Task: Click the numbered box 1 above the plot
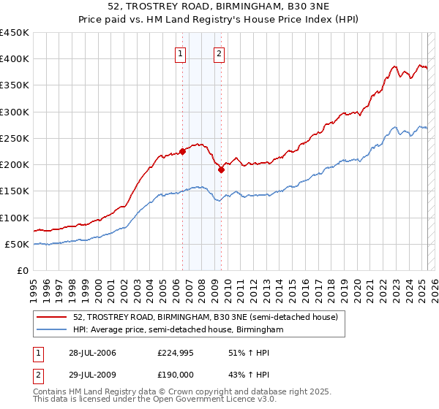click(x=180, y=53)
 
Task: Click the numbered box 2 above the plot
click(x=219, y=53)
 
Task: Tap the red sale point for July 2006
click(x=182, y=151)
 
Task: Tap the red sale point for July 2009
click(x=221, y=170)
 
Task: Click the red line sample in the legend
click(x=51, y=318)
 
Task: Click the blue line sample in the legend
click(x=51, y=330)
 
